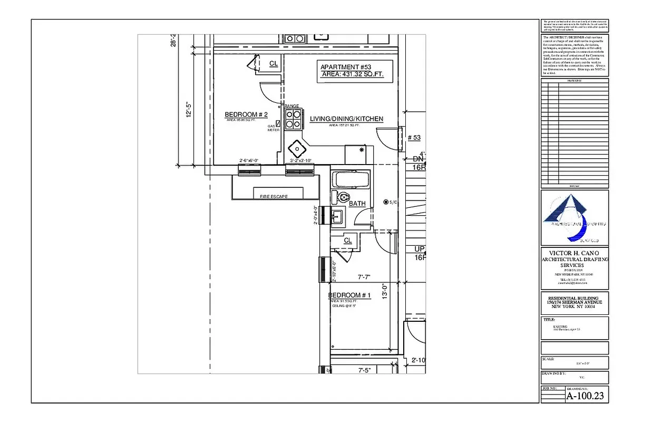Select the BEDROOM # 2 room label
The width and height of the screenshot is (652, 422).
[x=246, y=114]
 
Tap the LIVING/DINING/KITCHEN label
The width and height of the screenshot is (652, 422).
[x=346, y=119]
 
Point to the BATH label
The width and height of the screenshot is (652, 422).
[x=357, y=204]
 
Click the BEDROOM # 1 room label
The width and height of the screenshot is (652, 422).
[x=349, y=295]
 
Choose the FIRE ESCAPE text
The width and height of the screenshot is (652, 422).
[x=274, y=196]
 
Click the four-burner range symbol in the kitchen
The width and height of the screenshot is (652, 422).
[x=293, y=119]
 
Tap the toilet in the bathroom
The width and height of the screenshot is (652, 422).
[x=341, y=198]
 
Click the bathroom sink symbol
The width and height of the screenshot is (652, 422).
[x=337, y=216]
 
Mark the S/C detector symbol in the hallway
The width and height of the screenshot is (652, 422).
[x=386, y=202]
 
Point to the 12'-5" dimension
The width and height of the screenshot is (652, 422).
[x=189, y=110]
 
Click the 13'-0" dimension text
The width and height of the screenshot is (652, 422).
[x=385, y=292]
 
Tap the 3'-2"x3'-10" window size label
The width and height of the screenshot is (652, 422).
[x=300, y=160]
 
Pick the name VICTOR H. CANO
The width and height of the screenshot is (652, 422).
[x=575, y=253]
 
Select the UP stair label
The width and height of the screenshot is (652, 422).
[x=420, y=249]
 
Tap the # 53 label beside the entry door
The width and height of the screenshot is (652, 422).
[x=414, y=138]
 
